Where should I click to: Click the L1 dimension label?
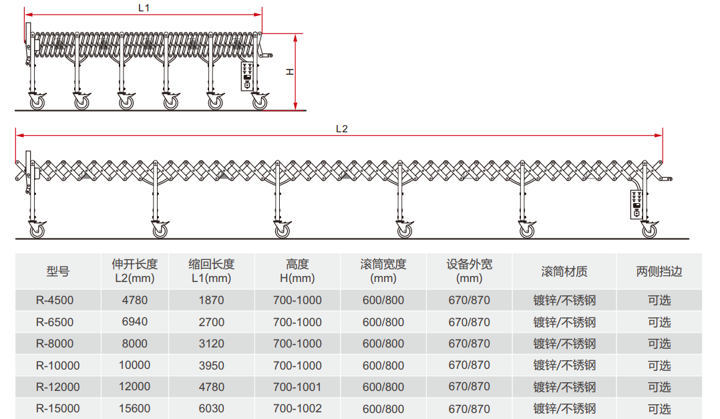click(x=144, y=8)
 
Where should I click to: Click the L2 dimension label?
click(x=342, y=129)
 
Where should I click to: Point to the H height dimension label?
click(x=290, y=72)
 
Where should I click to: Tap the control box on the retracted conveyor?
click(x=247, y=76)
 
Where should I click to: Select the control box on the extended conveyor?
click(x=637, y=204)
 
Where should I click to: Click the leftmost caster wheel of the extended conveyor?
click(x=37, y=230)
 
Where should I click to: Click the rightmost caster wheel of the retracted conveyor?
click(x=260, y=102)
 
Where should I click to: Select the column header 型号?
click(x=58, y=271)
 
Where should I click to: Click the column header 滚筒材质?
click(x=564, y=271)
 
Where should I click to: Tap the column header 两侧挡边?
click(x=659, y=271)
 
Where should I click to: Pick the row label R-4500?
click(x=55, y=301)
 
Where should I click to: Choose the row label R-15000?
click(x=58, y=408)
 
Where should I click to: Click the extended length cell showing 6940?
click(x=134, y=321)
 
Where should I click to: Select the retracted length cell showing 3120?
click(x=211, y=343)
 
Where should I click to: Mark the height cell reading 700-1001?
click(x=297, y=387)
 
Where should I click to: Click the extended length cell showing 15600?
click(x=134, y=408)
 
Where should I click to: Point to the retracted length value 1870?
click(x=211, y=301)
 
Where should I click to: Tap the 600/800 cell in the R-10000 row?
click(x=383, y=366)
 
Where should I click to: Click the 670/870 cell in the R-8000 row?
click(x=469, y=343)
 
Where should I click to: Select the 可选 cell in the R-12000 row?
click(x=659, y=387)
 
